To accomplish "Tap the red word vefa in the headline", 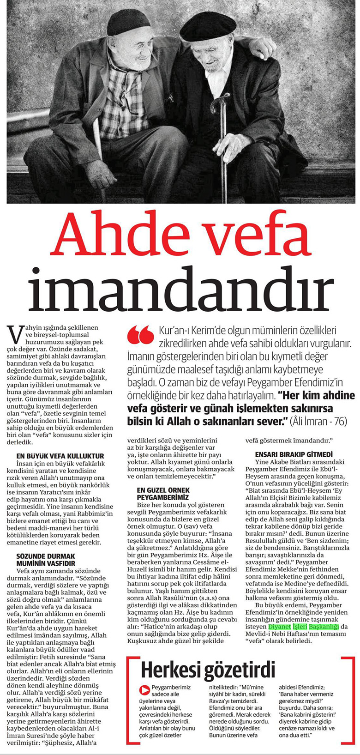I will (257, 236).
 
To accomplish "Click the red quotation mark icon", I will (140, 334).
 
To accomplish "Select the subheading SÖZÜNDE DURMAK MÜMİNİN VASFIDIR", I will (46, 560).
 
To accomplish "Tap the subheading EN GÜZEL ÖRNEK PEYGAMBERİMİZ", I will (163, 493).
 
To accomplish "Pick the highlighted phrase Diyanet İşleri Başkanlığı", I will (304, 627).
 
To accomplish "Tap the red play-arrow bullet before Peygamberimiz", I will (144, 690).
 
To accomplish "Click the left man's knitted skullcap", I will (128, 22).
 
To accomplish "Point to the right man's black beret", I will (202, 26).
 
